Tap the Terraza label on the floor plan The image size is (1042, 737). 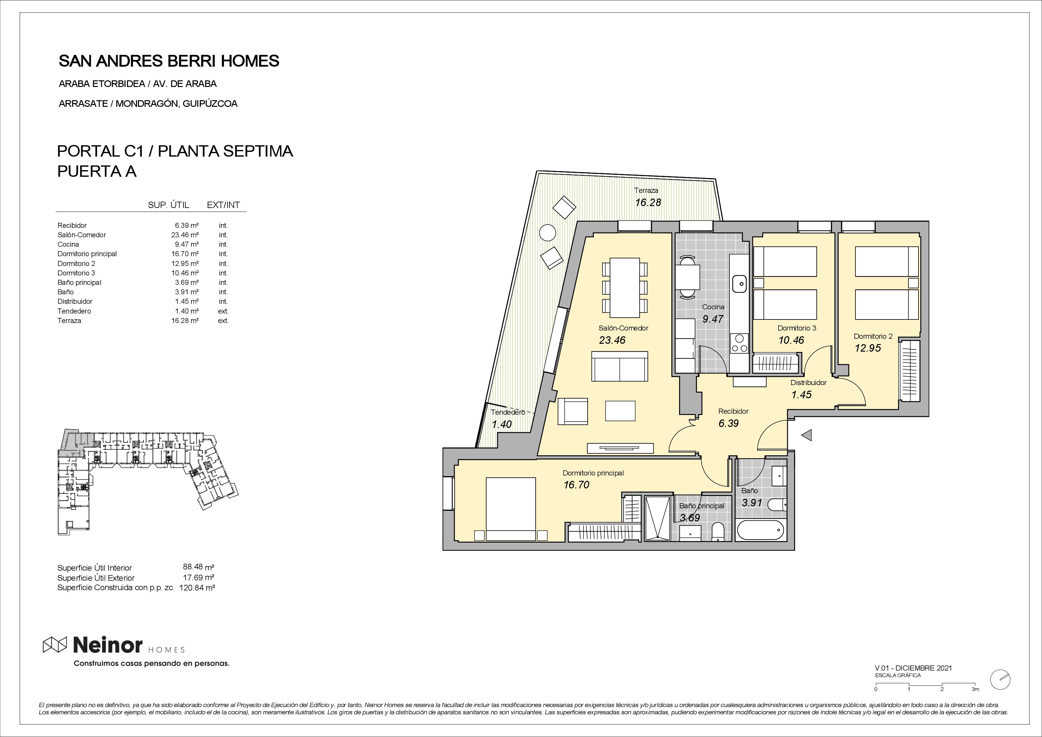point(646,191)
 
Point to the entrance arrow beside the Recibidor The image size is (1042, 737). point(806,436)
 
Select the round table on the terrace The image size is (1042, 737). point(547,233)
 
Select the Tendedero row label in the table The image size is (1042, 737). point(74,311)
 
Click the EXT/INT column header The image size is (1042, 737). point(223,205)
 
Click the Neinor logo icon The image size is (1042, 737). point(55,644)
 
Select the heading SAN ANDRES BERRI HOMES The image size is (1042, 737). point(169,61)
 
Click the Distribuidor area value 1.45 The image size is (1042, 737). point(802,395)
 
